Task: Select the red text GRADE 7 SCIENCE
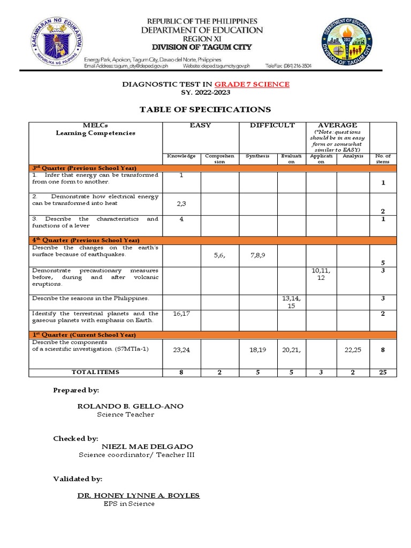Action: (252, 84)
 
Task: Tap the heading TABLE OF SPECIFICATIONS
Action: (205, 110)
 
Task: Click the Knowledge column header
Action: (181, 156)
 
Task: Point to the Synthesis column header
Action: (257, 156)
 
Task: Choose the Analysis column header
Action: (353, 156)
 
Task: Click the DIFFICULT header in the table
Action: (272, 125)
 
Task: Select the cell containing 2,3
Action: (181, 204)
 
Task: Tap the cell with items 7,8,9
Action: (257, 256)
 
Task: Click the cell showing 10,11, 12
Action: (321, 275)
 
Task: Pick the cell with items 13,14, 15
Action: (292, 302)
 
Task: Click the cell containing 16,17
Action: (181, 314)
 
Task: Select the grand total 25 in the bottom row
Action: (383, 372)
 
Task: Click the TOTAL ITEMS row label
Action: (96, 372)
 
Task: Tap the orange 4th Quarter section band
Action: (212, 240)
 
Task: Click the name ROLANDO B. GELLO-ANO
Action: (131, 406)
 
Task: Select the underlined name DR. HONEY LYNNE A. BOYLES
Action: (139, 496)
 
